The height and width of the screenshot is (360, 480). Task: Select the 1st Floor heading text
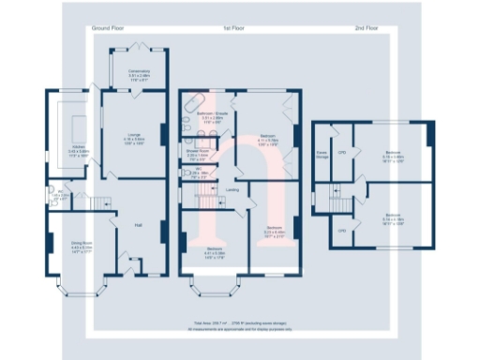[233, 30]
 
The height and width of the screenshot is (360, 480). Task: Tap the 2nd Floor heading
[367, 30]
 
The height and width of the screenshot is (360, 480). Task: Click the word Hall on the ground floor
[137, 225]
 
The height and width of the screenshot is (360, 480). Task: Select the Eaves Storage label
[322, 155]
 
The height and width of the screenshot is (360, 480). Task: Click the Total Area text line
[239, 321]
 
